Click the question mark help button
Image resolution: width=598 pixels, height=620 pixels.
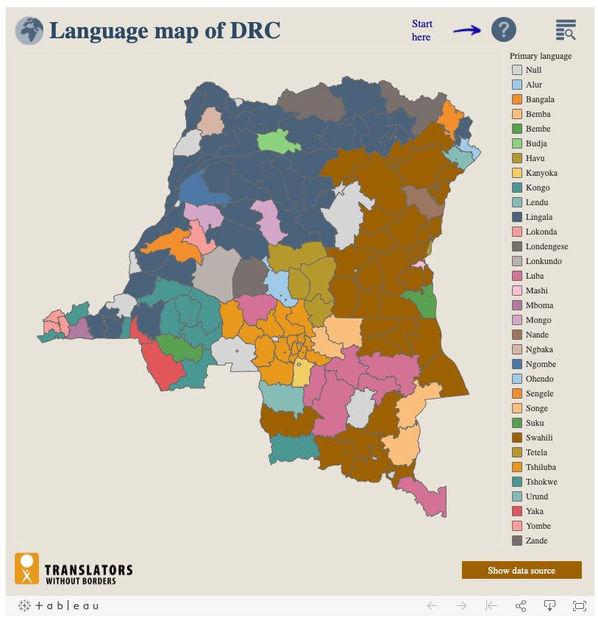click(x=503, y=29)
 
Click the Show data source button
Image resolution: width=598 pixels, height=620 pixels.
click(x=522, y=570)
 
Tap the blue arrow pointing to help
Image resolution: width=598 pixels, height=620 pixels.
click(x=466, y=30)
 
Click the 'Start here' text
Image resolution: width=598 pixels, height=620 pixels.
click(x=421, y=30)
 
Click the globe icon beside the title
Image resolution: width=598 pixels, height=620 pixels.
click(x=29, y=31)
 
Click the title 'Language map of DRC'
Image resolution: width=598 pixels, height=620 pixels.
click(x=165, y=31)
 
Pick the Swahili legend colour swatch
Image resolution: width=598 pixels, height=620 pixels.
click(x=517, y=438)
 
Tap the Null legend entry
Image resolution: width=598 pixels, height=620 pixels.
click(x=533, y=70)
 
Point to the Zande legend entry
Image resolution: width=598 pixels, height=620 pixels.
click(x=536, y=541)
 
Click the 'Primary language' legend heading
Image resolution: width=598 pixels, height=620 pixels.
click(x=540, y=56)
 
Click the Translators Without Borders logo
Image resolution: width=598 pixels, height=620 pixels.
click(x=74, y=569)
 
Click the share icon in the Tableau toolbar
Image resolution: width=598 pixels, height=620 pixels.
click(x=521, y=606)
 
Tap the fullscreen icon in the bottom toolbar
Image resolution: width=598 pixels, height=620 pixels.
click(x=580, y=606)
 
